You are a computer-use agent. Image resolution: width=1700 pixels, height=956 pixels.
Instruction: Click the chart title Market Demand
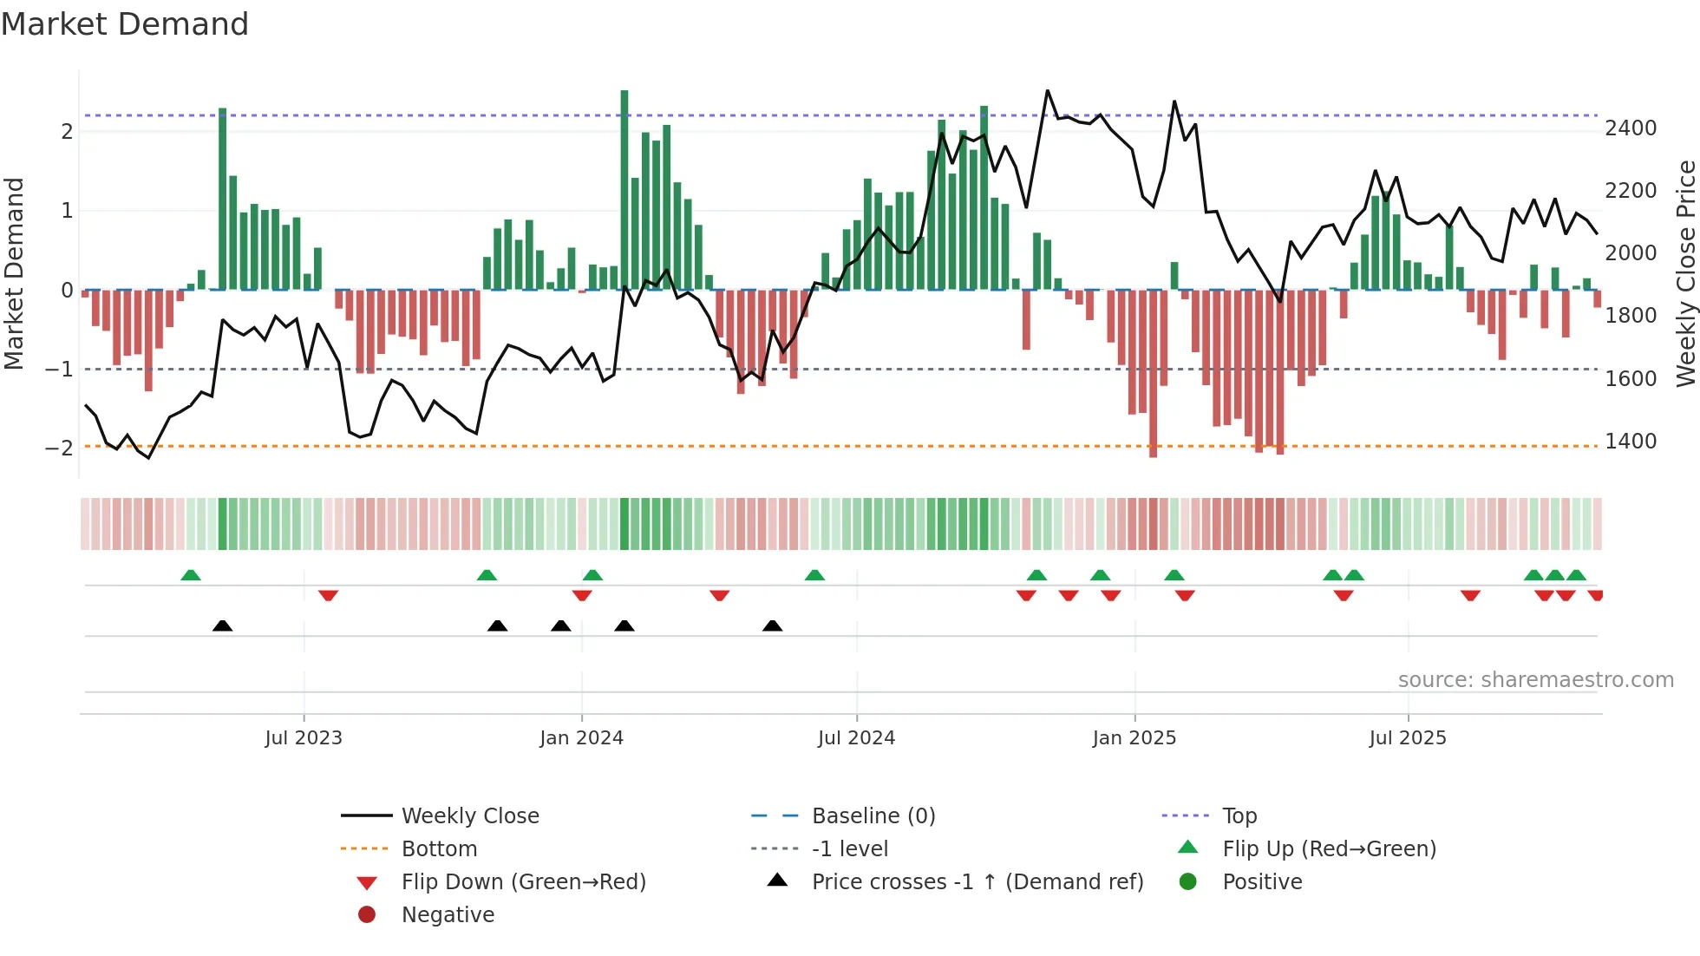click(125, 23)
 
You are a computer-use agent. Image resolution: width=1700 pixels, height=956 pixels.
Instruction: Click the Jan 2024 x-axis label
click(581, 737)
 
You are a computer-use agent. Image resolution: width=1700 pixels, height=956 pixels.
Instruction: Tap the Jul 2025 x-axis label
click(1408, 737)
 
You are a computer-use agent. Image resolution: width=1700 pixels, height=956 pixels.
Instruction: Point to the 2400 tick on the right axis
click(1631, 128)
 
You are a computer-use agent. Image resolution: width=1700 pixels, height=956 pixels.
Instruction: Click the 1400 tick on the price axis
click(1631, 441)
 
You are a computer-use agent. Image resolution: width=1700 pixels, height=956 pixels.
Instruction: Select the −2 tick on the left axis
click(60, 449)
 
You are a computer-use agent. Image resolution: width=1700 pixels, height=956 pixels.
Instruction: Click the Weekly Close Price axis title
click(1685, 273)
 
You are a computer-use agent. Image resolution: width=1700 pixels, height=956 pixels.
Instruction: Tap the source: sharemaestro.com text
click(1535, 679)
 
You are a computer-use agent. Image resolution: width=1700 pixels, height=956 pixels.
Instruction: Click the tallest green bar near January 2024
click(624, 191)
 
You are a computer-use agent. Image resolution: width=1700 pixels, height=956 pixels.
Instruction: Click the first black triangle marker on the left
click(223, 625)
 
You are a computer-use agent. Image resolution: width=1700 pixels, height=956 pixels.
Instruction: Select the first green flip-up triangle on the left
click(191, 574)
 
